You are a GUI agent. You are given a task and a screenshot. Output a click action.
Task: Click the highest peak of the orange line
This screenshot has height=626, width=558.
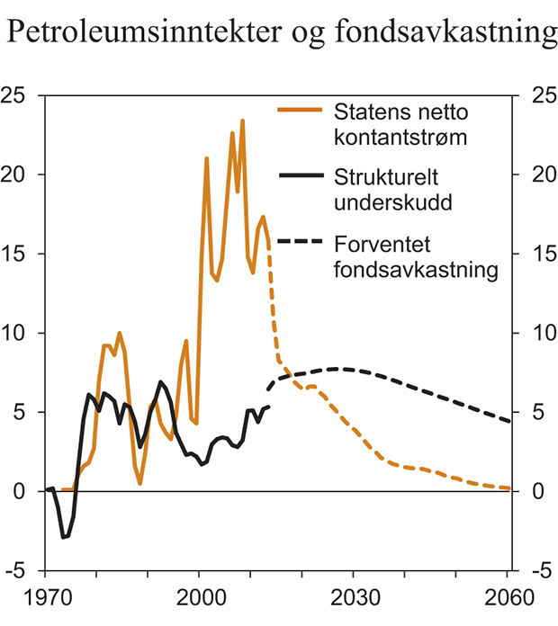(x=242, y=121)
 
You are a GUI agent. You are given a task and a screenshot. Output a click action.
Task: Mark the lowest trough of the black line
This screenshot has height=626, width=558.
(x=64, y=538)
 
